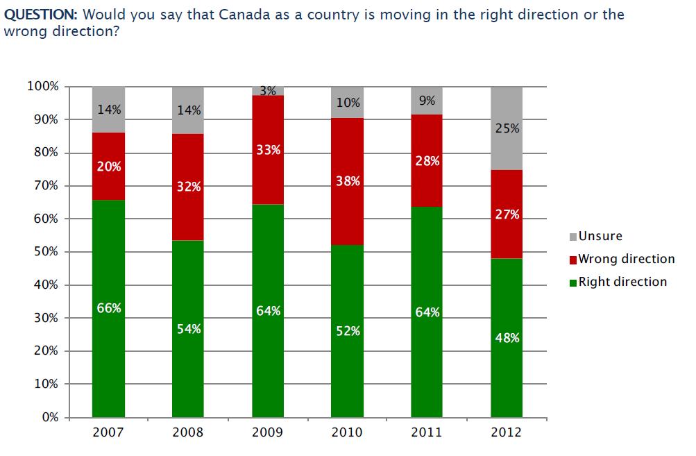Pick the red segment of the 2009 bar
tap(267, 174)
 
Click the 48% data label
tap(507, 338)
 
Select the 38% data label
tap(347, 182)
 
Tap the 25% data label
tap(507, 128)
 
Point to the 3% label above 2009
tap(268, 90)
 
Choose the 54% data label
tap(188, 328)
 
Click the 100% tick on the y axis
tap(43, 87)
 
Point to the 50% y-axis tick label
tap(46, 252)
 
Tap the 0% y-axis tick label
tap(49, 417)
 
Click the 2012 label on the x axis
tap(507, 432)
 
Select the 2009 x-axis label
tap(267, 432)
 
